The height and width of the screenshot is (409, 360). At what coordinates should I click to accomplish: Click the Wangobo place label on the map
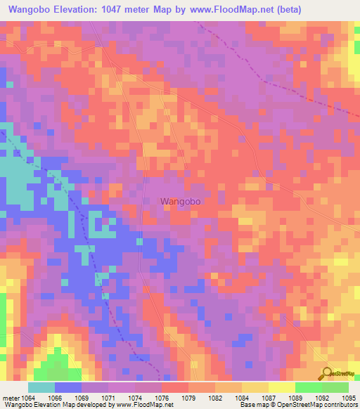[x=181, y=201]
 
